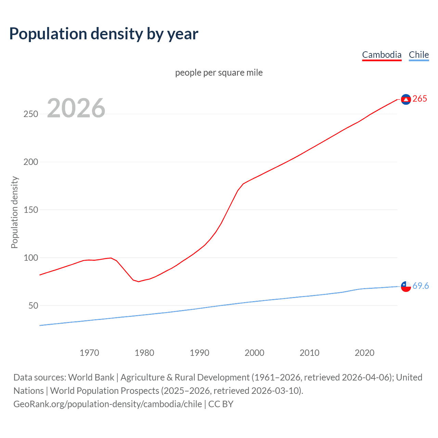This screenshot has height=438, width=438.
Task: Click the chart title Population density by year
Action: tap(104, 34)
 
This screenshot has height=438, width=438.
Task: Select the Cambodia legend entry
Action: tap(382, 55)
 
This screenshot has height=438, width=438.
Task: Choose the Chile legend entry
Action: tap(418, 55)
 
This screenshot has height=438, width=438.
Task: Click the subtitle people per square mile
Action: tap(219, 73)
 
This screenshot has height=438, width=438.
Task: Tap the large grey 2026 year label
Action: tap(76, 108)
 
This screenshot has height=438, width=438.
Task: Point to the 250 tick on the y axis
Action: tap(31, 114)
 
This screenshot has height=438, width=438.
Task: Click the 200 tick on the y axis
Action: tap(31, 162)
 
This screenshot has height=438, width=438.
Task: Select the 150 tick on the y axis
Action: tap(31, 210)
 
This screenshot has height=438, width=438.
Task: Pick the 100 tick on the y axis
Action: tap(31, 258)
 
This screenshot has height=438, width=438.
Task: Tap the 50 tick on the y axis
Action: tap(33, 306)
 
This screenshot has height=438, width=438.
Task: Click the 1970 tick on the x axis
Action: tap(89, 353)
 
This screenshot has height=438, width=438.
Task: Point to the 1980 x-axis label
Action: tap(144, 353)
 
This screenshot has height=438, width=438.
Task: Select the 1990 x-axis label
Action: tap(199, 353)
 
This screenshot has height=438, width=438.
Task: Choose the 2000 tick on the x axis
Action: tap(254, 353)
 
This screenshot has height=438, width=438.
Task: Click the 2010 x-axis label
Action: tap(309, 353)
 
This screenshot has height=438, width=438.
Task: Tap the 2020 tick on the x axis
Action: tap(364, 353)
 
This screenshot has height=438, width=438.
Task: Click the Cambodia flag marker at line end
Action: tap(406, 99)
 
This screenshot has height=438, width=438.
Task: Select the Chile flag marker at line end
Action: tap(406, 286)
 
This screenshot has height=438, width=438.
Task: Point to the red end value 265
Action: tap(420, 99)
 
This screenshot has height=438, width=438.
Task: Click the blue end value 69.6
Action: tap(421, 286)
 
